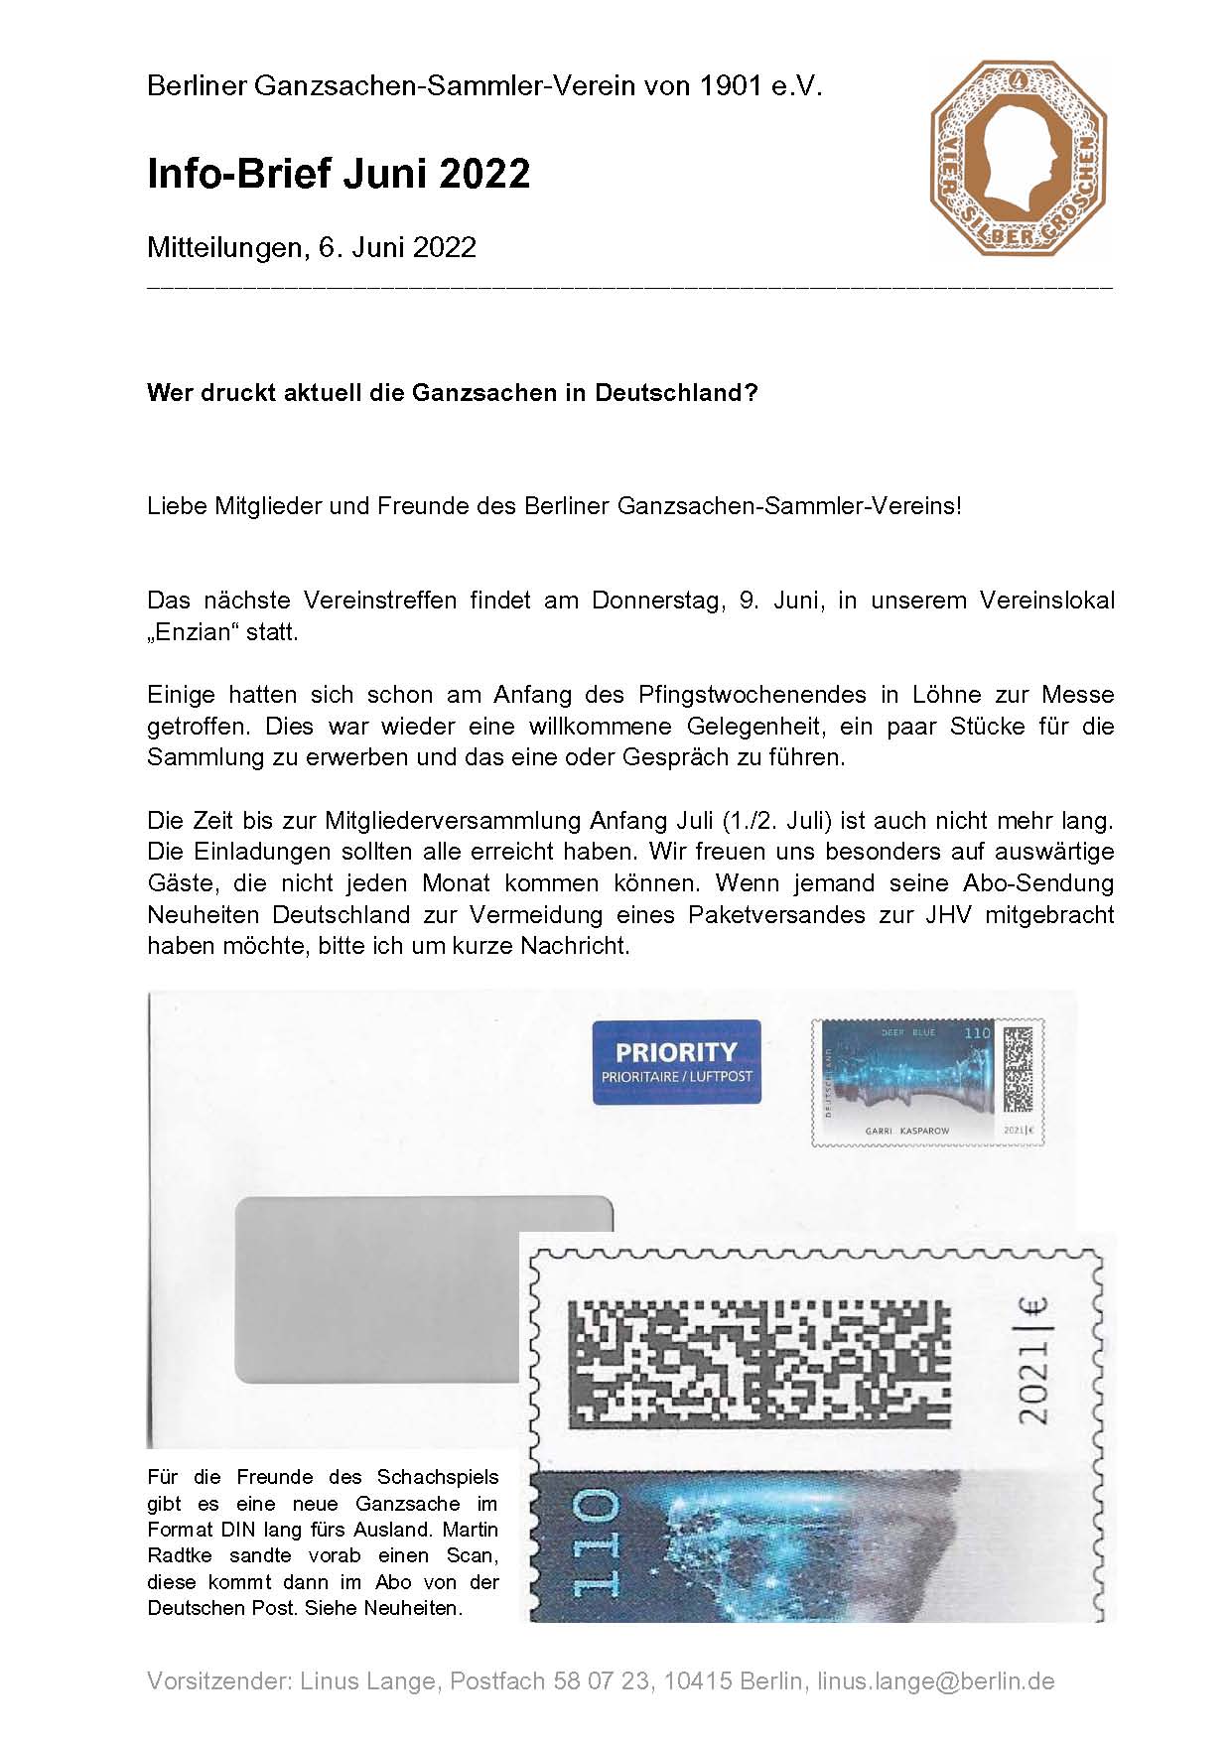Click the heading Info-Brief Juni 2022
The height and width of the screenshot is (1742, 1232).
[339, 174]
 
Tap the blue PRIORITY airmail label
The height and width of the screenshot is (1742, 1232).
[676, 1061]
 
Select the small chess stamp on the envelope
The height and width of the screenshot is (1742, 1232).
[927, 1082]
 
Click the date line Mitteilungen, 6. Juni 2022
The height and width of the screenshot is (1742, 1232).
[312, 247]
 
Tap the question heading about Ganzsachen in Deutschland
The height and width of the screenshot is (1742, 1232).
[453, 392]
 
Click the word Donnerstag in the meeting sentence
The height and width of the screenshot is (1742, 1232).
[656, 601]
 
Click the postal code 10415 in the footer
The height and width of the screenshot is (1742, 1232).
[698, 1680]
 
